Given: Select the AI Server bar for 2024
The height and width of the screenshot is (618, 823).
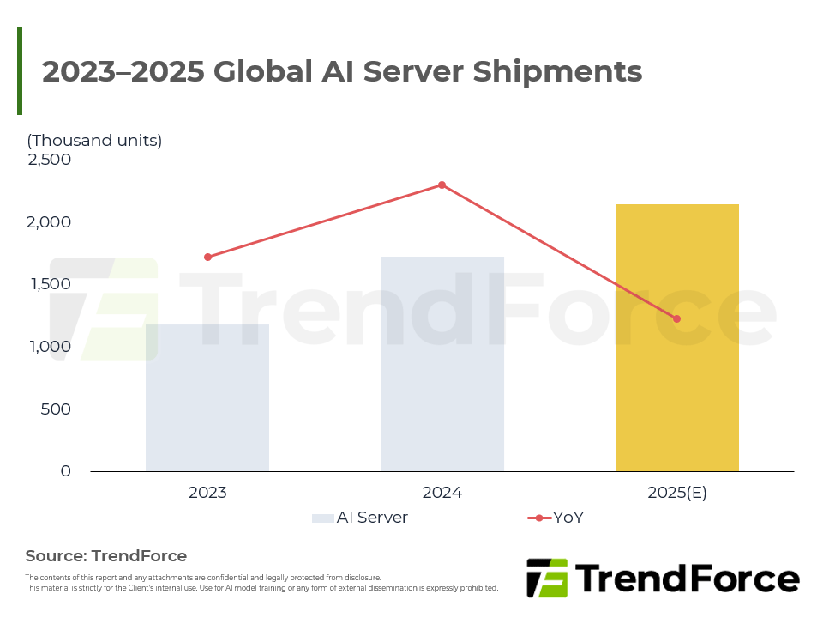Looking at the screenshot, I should point(442,364).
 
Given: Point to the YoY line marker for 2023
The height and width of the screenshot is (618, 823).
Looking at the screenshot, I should point(207,257).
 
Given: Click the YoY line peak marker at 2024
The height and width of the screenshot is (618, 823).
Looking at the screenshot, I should point(442,185).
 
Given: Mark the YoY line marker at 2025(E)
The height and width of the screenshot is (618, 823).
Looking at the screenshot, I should point(677,318).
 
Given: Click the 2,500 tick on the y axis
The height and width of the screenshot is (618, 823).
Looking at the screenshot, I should point(49,160).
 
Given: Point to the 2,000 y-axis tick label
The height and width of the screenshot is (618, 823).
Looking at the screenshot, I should point(49,222).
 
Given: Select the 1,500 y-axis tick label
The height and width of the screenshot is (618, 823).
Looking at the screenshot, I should point(49,284).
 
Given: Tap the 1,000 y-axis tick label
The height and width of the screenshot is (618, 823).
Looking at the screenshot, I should point(49,347).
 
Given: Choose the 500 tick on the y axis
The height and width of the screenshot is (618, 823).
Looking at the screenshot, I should point(55,409).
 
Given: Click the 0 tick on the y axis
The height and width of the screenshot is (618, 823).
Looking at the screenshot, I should point(65,471).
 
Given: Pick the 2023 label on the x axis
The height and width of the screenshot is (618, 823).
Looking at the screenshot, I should point(207,493).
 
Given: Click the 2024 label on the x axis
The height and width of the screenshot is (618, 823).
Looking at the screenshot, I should point(442,493).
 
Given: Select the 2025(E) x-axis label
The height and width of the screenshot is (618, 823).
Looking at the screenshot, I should point(677,493).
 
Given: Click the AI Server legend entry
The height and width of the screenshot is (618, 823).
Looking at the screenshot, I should point(360,518).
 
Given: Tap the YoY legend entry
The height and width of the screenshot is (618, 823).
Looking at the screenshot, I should point(557,518).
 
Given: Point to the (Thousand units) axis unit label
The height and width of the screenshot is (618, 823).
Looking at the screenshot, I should point(94,141).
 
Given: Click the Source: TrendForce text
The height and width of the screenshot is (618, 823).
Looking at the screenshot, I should point(106,555).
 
